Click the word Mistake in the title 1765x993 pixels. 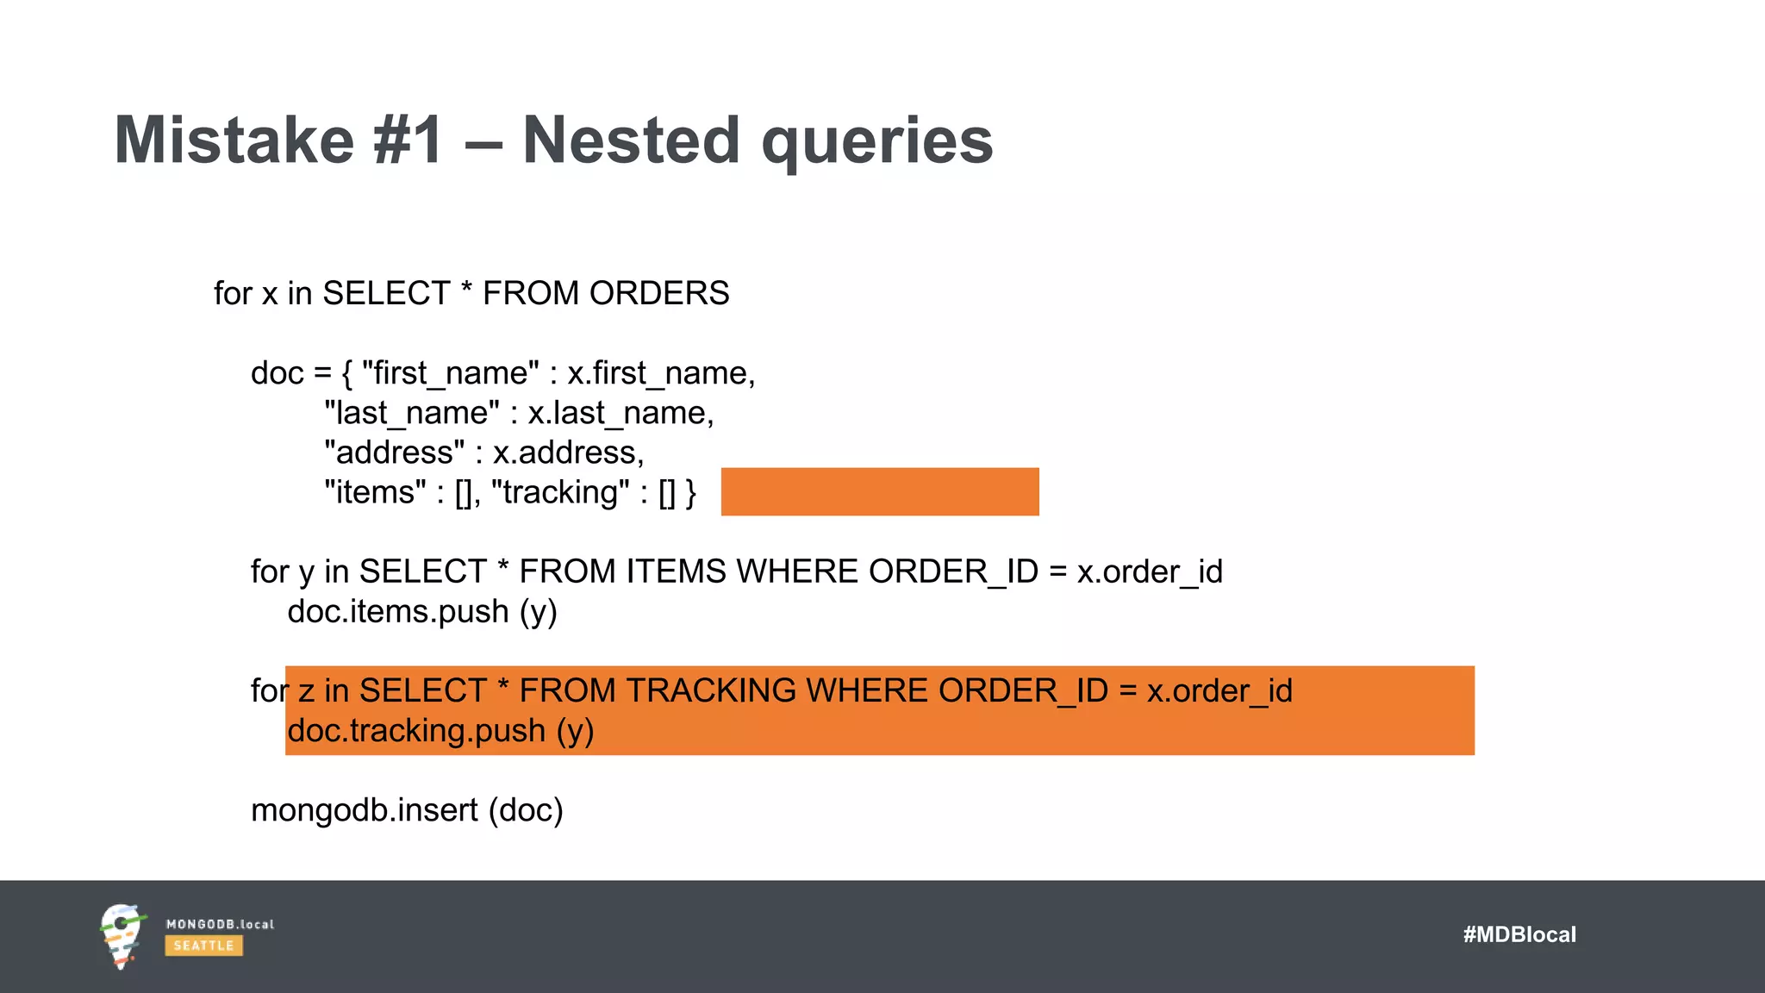coord(234,141)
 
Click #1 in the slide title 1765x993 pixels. coord(409,141)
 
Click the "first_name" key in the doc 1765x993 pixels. coord(450,373)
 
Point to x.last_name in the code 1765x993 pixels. coord(621,413)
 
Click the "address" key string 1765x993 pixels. coord(394,453)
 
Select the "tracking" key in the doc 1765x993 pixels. coord(560,492)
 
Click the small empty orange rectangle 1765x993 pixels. coord(879,491)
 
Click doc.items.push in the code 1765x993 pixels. coord(397,611)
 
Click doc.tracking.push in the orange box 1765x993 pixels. coord(416,731)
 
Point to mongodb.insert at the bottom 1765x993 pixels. coord(364,810)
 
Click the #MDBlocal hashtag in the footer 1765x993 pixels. coord(1519,934)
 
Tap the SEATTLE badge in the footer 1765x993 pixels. coord(203,946)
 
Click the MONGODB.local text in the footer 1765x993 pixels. coord(220,924)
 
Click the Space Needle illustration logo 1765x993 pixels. coord(121,936)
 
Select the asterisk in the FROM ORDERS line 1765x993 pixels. coord(466,288)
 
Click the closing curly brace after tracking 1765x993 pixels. coord(690,492)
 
